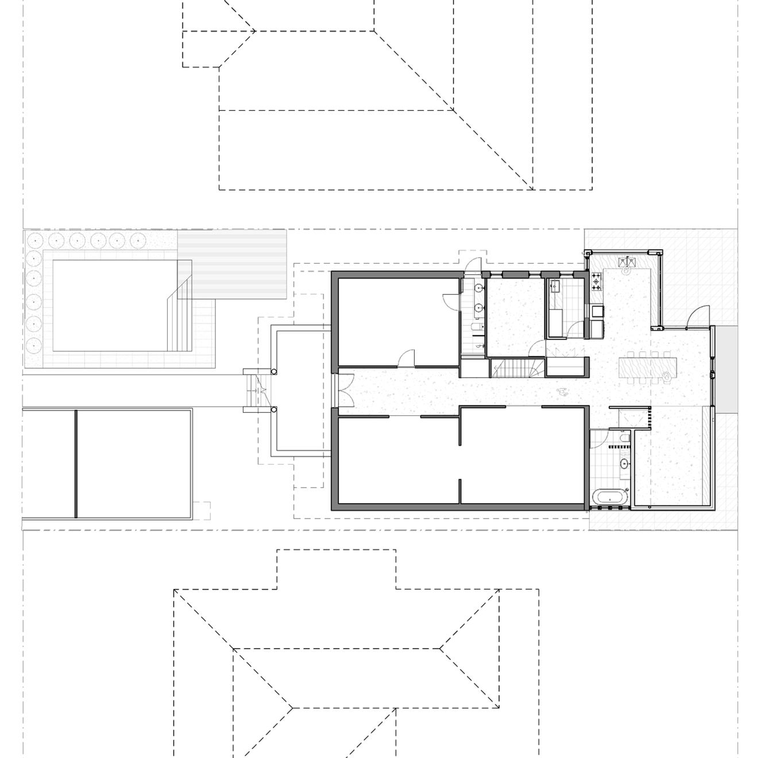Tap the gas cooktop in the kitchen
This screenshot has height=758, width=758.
tap(596, 281)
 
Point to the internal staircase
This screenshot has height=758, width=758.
tap(516, 368)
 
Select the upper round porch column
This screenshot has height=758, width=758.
tap(274, 372)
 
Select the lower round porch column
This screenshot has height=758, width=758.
tap(274, 409)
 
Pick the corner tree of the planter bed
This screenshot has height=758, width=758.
tap(34, 239)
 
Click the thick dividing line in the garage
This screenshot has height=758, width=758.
tap(76, 463)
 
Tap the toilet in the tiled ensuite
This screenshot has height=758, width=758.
tap(624, 442)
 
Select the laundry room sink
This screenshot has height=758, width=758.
tap(554, 285)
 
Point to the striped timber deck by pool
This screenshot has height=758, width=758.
tap(233, 264)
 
